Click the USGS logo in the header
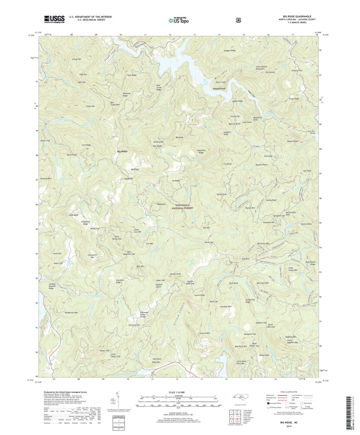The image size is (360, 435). (54, 19)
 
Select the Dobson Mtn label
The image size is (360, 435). (264, 355)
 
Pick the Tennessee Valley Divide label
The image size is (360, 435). (144, 315)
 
